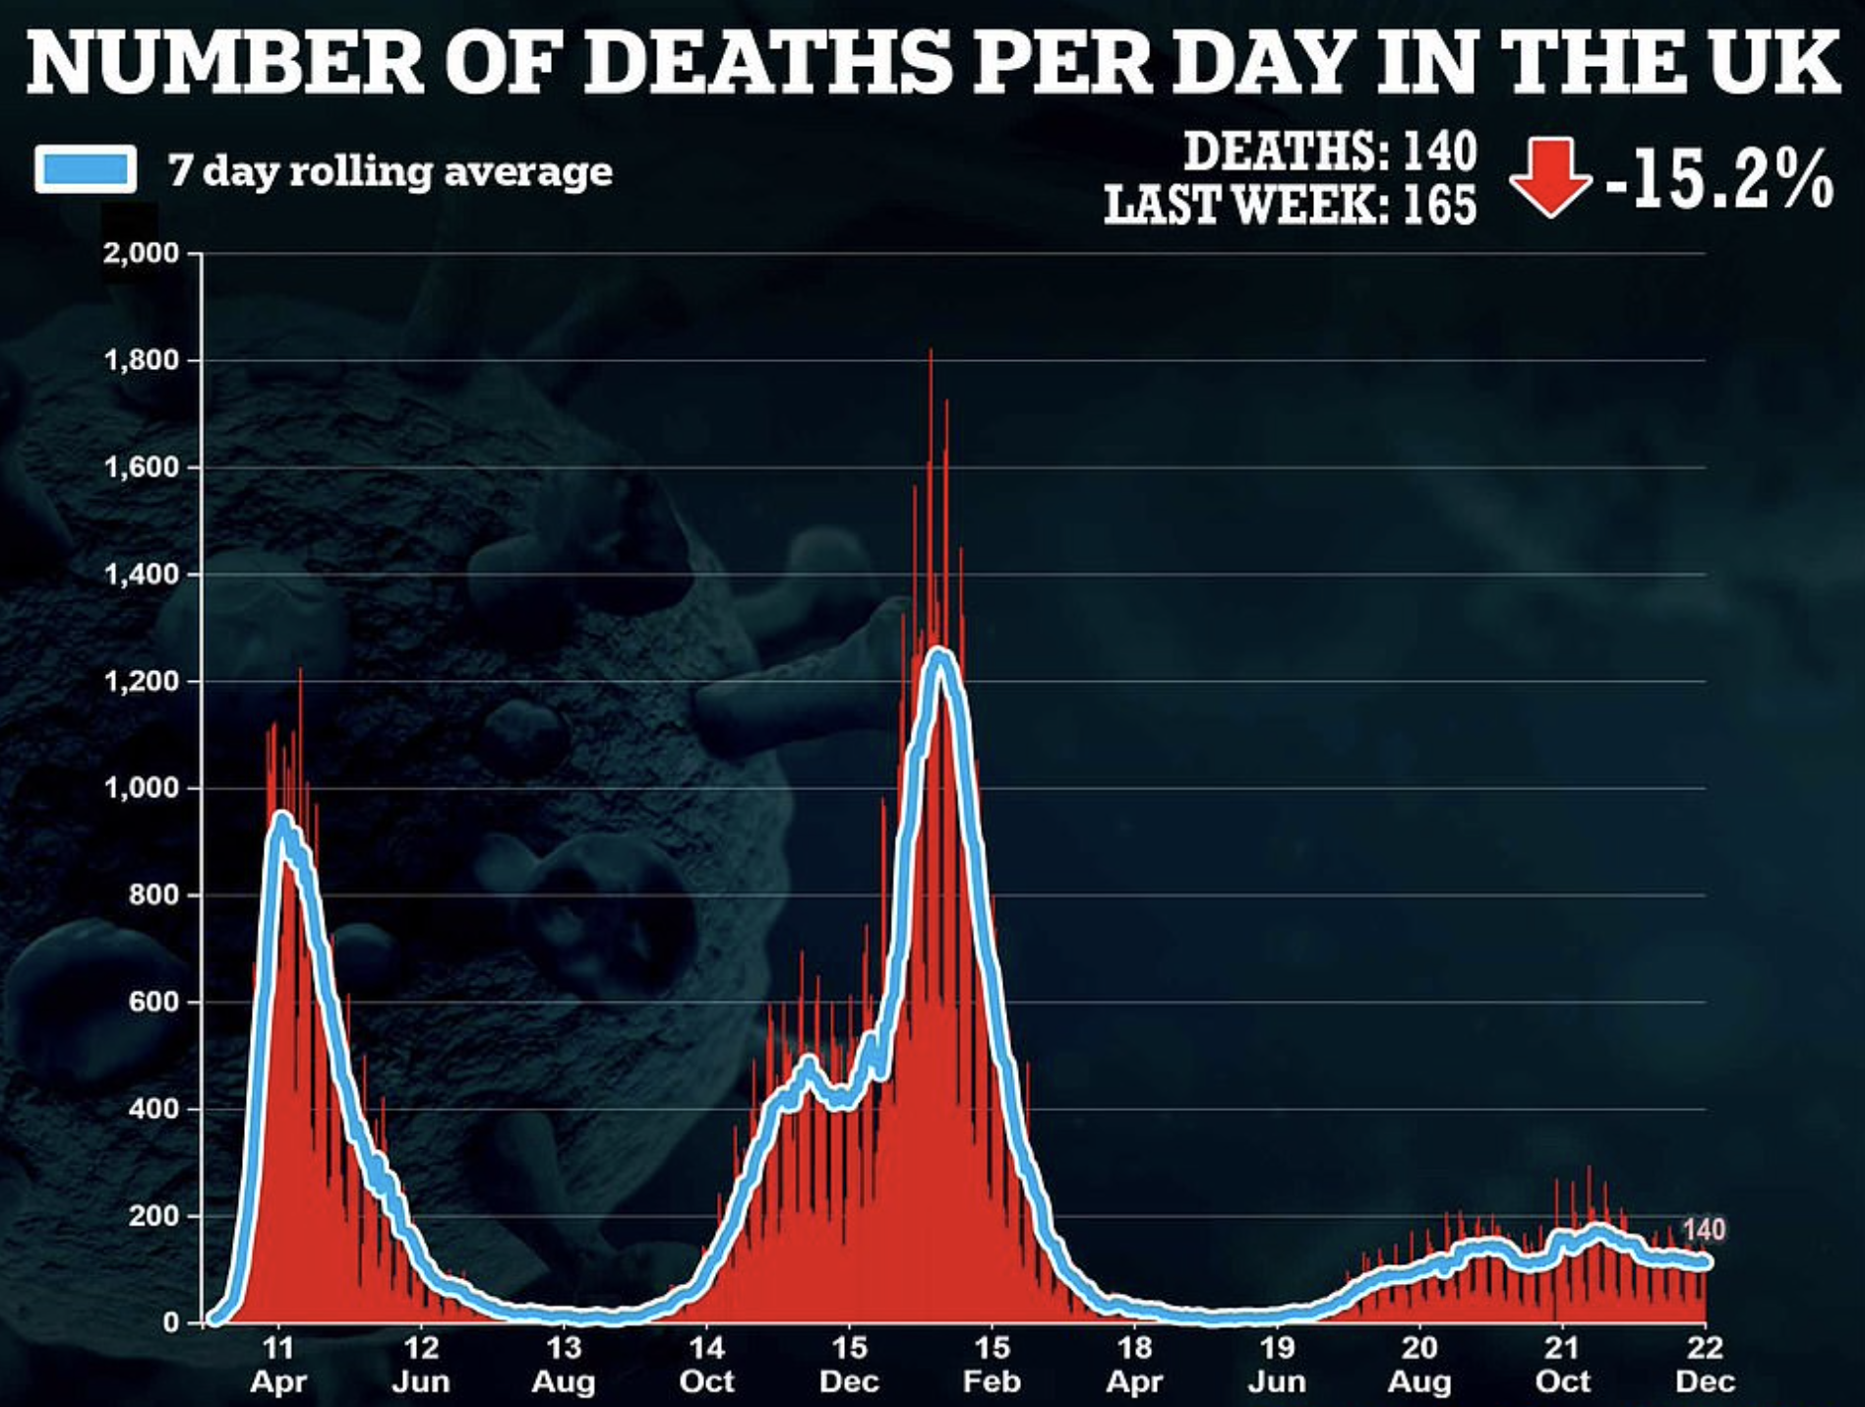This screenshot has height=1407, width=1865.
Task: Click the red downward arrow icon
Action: (x=1550, y=177)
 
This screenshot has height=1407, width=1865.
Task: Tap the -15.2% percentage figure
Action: (x=1719, y=179)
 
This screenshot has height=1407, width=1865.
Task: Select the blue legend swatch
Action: (x=86, y=169)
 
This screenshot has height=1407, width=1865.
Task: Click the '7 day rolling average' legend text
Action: (x=390, y=171)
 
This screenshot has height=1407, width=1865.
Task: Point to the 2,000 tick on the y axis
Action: (x=142, y=253)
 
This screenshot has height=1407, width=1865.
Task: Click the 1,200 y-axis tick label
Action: (x=142, y=681)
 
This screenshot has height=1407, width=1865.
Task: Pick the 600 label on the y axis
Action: (x=153, y=1002)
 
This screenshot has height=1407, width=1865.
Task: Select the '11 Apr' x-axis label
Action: (x=278, y=1364)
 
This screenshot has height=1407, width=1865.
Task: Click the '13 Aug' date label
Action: (x=564, y=1364)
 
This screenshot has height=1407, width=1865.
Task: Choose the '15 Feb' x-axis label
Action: (x=992, y=1364)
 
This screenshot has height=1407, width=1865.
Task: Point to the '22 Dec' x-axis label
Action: (x=1705, y=1364)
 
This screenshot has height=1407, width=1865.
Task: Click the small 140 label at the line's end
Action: (x=1703, y=1230)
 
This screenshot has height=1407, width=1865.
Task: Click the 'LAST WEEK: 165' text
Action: (x=1290, y=205)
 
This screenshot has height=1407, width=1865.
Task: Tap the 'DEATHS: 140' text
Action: (x=1330, y=151)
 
